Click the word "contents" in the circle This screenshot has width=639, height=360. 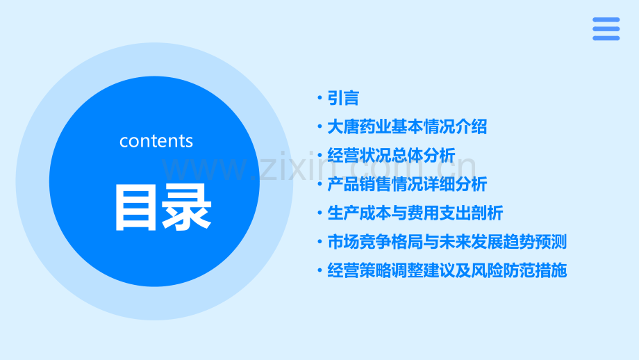156,141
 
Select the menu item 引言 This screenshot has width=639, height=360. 343,98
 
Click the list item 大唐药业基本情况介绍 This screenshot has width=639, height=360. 407,127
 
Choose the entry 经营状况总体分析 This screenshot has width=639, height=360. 391,156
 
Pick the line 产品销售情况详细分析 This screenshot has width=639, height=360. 407,184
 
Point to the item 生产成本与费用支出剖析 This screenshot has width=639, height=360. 415,213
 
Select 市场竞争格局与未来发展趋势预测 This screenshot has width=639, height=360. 447,242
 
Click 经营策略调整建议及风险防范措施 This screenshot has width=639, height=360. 447,270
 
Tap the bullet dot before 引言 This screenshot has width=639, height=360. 319,99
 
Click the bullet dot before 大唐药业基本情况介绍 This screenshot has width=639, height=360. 319,128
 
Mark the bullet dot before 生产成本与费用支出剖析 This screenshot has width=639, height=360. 319,213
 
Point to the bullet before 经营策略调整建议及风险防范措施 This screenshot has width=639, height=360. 319,271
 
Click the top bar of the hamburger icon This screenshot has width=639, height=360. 606,19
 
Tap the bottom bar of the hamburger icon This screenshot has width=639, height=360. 606,38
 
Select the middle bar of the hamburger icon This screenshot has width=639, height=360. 606,28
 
